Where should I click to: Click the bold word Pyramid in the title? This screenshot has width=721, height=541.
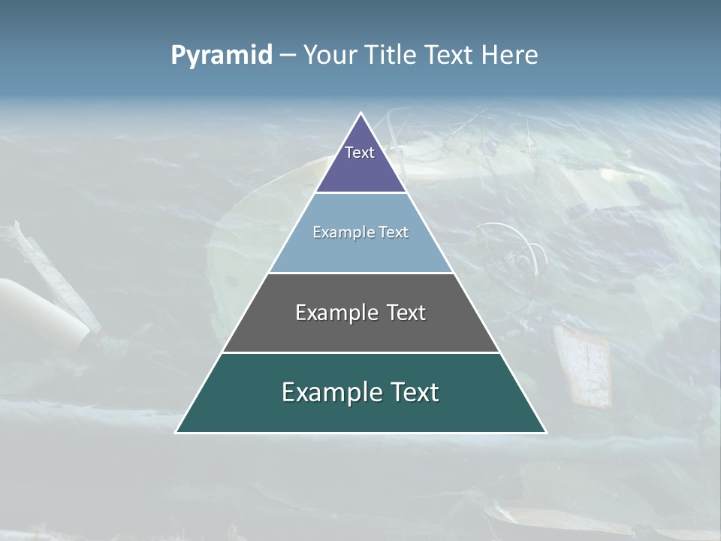(222, 55)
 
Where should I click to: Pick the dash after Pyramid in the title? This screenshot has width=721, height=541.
(288, 56)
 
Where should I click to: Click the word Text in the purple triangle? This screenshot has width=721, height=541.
(360, 153)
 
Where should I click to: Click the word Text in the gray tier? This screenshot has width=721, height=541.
(406, 313)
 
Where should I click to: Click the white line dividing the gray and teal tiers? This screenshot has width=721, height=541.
(360, 352)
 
